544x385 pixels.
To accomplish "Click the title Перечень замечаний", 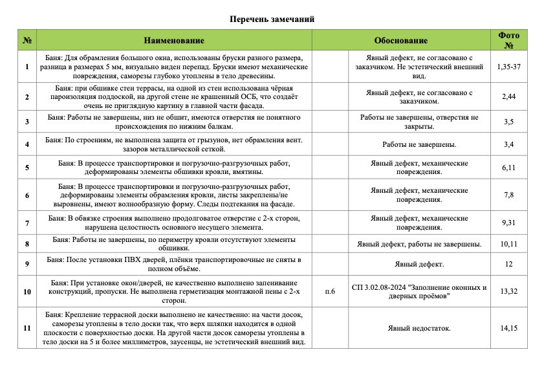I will [x=272, y=19].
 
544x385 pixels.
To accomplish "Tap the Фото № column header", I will [x=508, y=40].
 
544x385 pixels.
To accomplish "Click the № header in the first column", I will [x=27, y=40].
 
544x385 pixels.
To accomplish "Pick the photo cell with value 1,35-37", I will [x=508, y=67].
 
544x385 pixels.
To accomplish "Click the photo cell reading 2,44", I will [x=508, y=96].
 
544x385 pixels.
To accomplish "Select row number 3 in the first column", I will [x=27, y=122].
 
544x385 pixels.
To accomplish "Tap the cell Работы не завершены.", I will [x=419, y=144].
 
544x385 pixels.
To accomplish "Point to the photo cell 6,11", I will [x=508, y=168].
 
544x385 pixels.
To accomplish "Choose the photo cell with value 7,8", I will [x=508, y=195].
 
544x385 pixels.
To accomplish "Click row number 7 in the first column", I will [x=27, y=223].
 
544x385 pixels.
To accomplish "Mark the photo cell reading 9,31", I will [x=508, y=223].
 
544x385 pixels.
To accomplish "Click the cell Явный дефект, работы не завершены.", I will [x=419, y=244].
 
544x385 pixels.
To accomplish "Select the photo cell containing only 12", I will [x=508, y=264].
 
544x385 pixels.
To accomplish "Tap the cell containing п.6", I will [x=330, y=291].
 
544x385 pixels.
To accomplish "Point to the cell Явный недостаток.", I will [x=419, y=328].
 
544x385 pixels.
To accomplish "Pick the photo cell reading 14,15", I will [x=508, y=328].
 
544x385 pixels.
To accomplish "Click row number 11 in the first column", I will [x=27, y=328].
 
